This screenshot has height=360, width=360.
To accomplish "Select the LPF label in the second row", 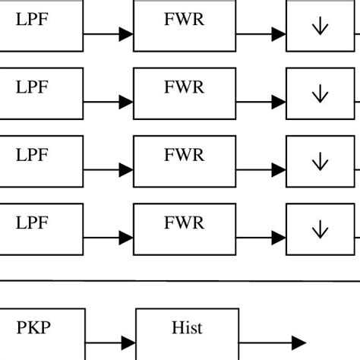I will pos(32,87).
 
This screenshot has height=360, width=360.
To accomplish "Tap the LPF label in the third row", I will pos(32,155).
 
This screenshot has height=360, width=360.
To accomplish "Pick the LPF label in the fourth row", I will pos(32,223).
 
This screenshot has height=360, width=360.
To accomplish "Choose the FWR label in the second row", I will pos(184,87).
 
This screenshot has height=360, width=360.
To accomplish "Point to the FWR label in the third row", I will pos(184,155).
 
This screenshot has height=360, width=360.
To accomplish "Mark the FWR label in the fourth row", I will pos(184,223).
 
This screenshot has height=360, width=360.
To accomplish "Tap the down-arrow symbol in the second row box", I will pos(319,95).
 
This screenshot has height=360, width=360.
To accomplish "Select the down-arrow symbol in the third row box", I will pos(319,162).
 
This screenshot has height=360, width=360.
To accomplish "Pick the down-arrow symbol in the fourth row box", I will pos(319,229).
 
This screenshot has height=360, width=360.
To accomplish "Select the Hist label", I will pos(186,328).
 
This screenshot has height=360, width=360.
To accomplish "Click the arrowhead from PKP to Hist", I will pos(127,343).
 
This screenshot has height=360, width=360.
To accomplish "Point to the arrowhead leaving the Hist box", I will pos(298,343).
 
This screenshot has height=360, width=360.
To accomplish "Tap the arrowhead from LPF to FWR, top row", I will pos(125,34).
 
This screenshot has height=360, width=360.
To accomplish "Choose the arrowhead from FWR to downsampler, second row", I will pos(278,102).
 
